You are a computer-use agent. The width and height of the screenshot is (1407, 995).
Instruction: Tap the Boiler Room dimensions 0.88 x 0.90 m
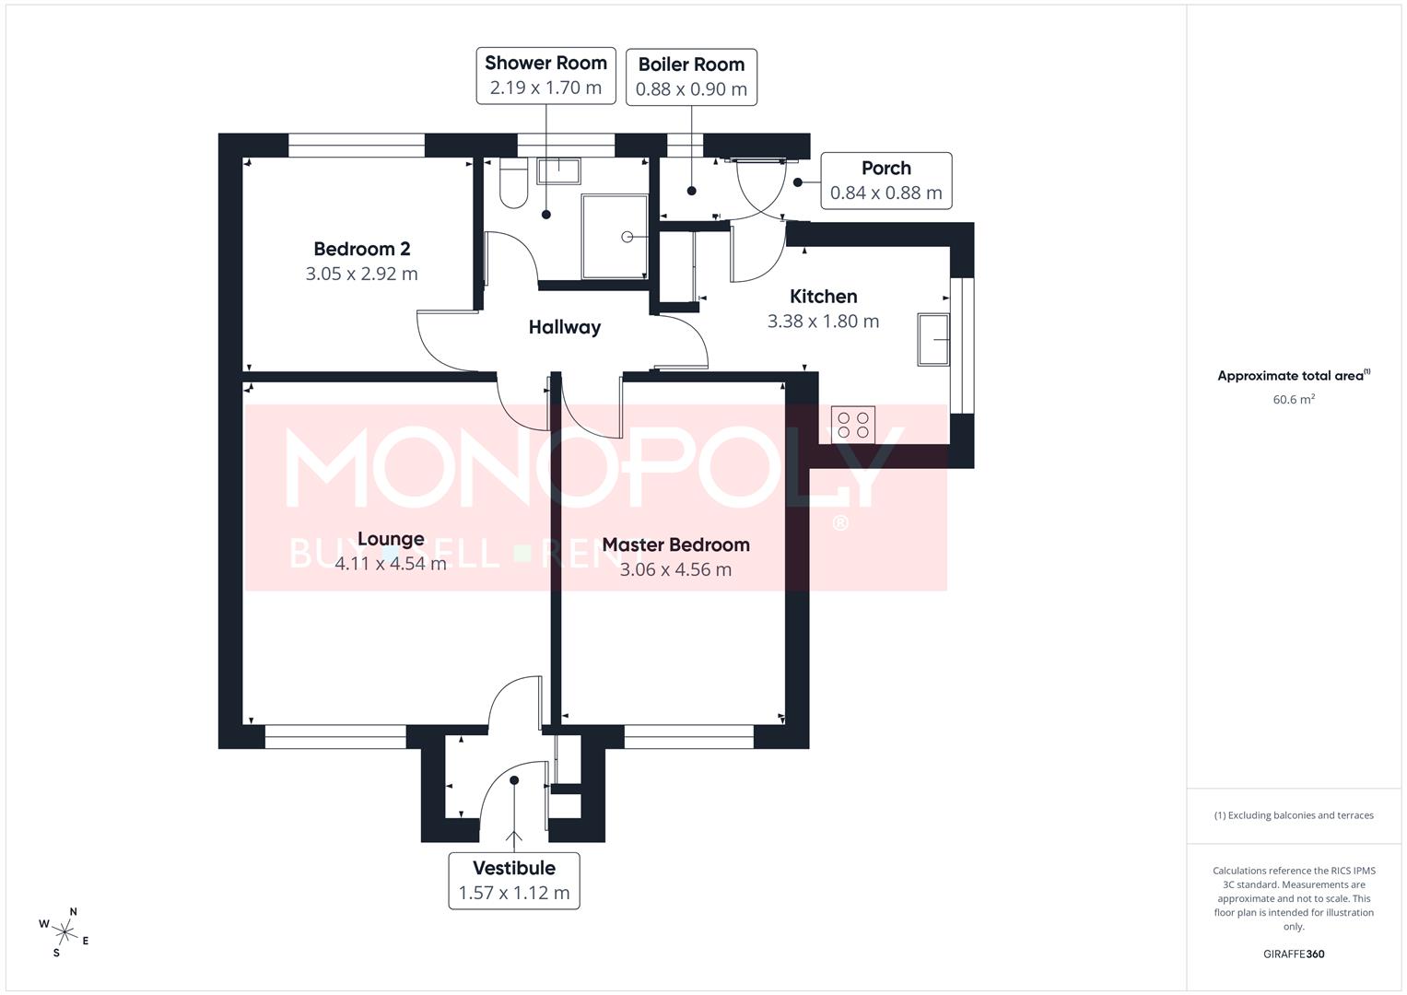click(x=691, y=89)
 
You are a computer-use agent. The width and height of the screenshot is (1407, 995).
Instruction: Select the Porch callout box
click(x=885, y=181)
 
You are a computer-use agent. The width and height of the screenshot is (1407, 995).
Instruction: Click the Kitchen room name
click(x=823, y=297)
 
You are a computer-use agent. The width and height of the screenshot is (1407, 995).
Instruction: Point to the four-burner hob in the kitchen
click(x=853, y=425)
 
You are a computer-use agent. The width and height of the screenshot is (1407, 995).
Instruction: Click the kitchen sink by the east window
click(x=934, y=339)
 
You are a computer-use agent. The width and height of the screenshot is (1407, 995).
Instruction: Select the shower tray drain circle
click(x=627, y=237)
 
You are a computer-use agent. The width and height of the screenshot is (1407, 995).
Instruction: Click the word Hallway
click(x=564, y=327)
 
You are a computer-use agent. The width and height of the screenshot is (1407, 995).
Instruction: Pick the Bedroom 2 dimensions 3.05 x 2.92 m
click(x=361, y=274)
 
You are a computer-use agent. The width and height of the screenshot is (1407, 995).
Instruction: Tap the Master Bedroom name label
click(x=675, y=544)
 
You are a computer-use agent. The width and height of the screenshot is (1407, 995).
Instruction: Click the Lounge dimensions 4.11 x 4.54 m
click(x=391, y=564)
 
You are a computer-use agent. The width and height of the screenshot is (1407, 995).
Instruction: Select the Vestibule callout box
click(x=514, y=881)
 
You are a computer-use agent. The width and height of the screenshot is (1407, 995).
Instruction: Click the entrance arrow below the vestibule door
click(x=513, y=838)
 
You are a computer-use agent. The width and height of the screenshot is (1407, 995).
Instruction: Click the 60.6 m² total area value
click(x=1293, y=400)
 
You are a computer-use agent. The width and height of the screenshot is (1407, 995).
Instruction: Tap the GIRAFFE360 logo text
click(x=1293, y=954)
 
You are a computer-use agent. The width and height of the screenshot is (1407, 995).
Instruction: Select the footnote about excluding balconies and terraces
click(x=1293, y=815)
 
